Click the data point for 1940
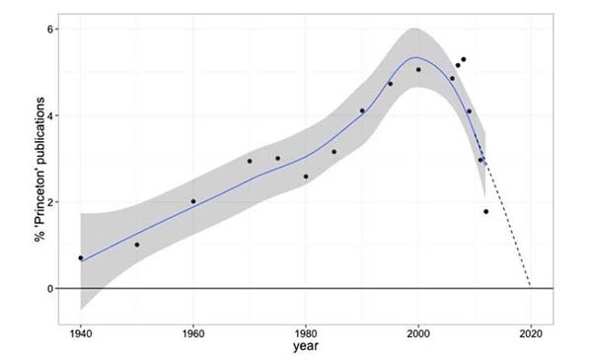[x=81, y=257]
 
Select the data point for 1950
[x=137, y=245]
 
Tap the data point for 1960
[x=193, y=201]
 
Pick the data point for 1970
[x=250, y=161]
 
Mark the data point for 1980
[x=306, y=177]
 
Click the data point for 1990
[x=362, y=110]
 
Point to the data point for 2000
[x=418, y=70]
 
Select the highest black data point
[x=463, y=59]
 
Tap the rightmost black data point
[x=485, y=211]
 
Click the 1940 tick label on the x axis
[x=81, y=332]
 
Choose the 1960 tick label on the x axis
[x=193, y=332]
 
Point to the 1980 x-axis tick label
[x=306, y=332]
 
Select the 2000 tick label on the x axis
[x=418, y=332]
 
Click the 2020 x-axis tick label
[x=531, y=332]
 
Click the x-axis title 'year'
[x=306, y=347]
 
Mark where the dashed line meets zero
[x=531, y=287]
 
